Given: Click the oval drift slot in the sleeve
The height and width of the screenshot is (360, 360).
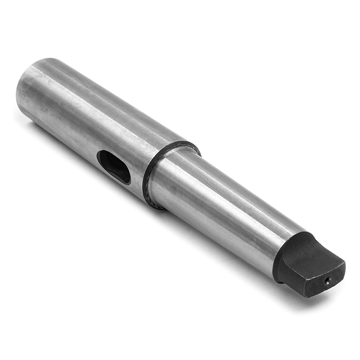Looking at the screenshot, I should (x=114, y=166).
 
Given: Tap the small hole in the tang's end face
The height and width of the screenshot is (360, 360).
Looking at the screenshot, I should (x=327, y=280).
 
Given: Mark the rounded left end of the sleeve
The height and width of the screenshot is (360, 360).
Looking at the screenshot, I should (x=23, y=95).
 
